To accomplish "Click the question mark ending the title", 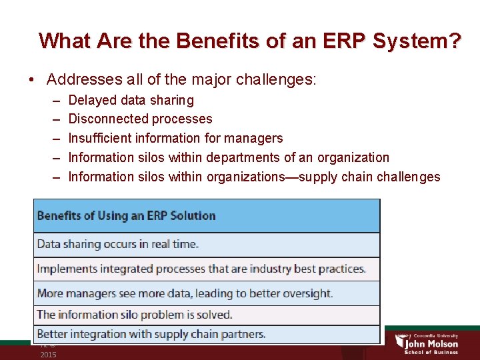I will (454, 41).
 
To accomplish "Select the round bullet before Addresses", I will (32, 80).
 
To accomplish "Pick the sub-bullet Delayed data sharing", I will (131, 100).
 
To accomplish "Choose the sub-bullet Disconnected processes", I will (140, 119).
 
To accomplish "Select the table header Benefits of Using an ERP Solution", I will (127, 215).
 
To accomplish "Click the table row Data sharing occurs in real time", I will (118, 244).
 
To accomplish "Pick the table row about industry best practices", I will (201, 269).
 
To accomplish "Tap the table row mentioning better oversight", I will (185, 293).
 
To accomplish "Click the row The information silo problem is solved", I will (135, 314).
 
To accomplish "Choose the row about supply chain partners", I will (151, 334).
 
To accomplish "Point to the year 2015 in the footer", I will (48, 355).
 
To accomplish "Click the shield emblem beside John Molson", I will (401, 341).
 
